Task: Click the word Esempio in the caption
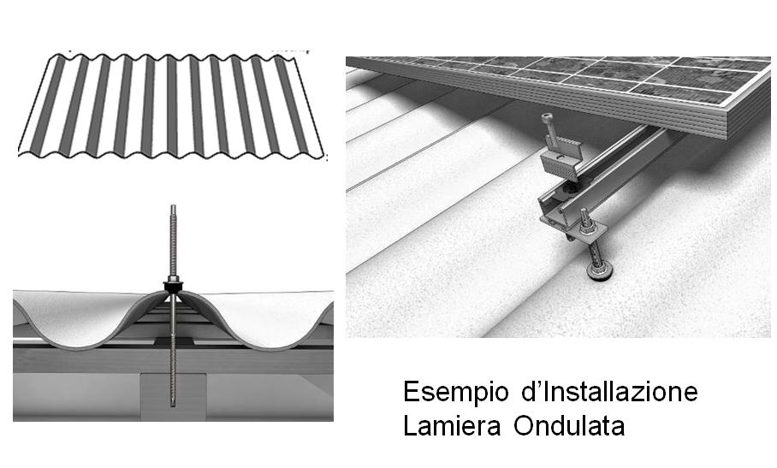point(456,392)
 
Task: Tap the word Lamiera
point(452,425)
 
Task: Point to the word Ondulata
point(569,425)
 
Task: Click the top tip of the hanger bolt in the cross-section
point(173,205)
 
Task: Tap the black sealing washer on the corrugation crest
point(173,287)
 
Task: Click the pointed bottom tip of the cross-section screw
point(173,406)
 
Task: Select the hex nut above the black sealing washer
point(173,279)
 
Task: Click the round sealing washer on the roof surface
point(600,271)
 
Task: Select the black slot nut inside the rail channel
point(570,189)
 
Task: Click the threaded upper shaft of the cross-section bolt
point(173,240)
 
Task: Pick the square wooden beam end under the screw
point(173,396)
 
